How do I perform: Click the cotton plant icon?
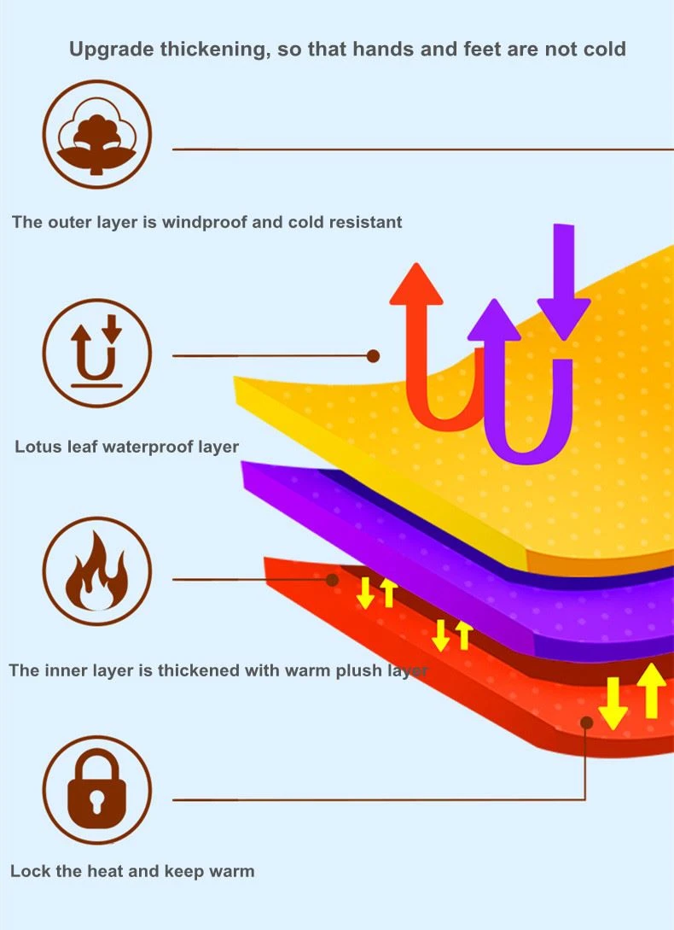point(96,135)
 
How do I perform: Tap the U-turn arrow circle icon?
point(96,353)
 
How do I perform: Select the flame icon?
point(96,571)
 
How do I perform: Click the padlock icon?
point(96,789)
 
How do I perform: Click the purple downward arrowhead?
point(564,319)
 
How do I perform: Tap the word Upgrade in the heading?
point(112,50)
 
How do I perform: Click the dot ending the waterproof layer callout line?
point(374,356)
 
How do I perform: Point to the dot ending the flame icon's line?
point(333,580)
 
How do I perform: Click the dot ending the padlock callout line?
point(587,722)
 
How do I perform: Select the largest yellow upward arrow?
point(653,690)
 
